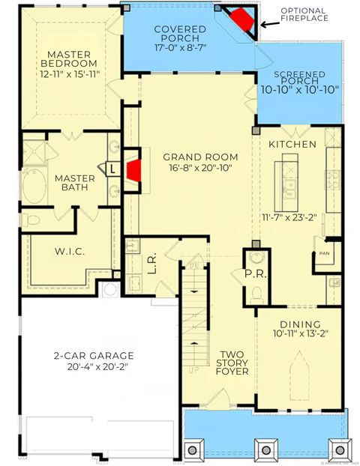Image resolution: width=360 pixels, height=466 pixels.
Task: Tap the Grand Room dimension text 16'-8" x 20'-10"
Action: (200, 171)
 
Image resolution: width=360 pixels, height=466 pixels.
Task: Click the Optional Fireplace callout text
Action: (304, 13)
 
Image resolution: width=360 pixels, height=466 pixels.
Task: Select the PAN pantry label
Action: (325, 254)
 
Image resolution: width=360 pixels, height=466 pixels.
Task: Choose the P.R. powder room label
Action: (253, 275)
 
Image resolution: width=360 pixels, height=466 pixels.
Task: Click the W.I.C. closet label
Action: (69, 251)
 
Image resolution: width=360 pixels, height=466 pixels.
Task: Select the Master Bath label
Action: (75, 182)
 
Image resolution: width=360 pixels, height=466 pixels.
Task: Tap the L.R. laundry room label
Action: (152, 265)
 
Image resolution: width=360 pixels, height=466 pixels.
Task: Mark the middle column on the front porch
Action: (265, 449)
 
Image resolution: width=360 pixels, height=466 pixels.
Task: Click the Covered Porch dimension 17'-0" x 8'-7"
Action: (177, 47)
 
